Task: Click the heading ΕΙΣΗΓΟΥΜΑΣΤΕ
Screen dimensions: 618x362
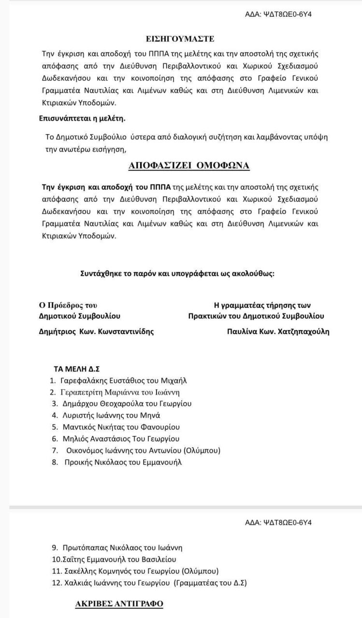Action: (x=180, y=38)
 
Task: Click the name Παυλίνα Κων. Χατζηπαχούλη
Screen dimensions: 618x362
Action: (x=278, y=332)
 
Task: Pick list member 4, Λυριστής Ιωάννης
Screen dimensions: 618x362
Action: (x=111, y=415)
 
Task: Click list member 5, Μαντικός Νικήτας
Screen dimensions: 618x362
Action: (x=120, y=427)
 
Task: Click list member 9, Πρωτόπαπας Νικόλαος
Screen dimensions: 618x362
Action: (x=122, y=548)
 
